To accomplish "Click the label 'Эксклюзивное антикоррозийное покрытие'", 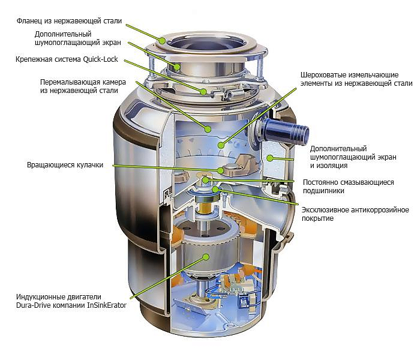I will tap(355, 214).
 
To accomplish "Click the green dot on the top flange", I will tap(162, 39).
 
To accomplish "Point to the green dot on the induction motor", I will tap(206, 256).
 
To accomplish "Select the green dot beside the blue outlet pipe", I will tap(269, 158).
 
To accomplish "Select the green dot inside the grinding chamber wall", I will tap(206, 128).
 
